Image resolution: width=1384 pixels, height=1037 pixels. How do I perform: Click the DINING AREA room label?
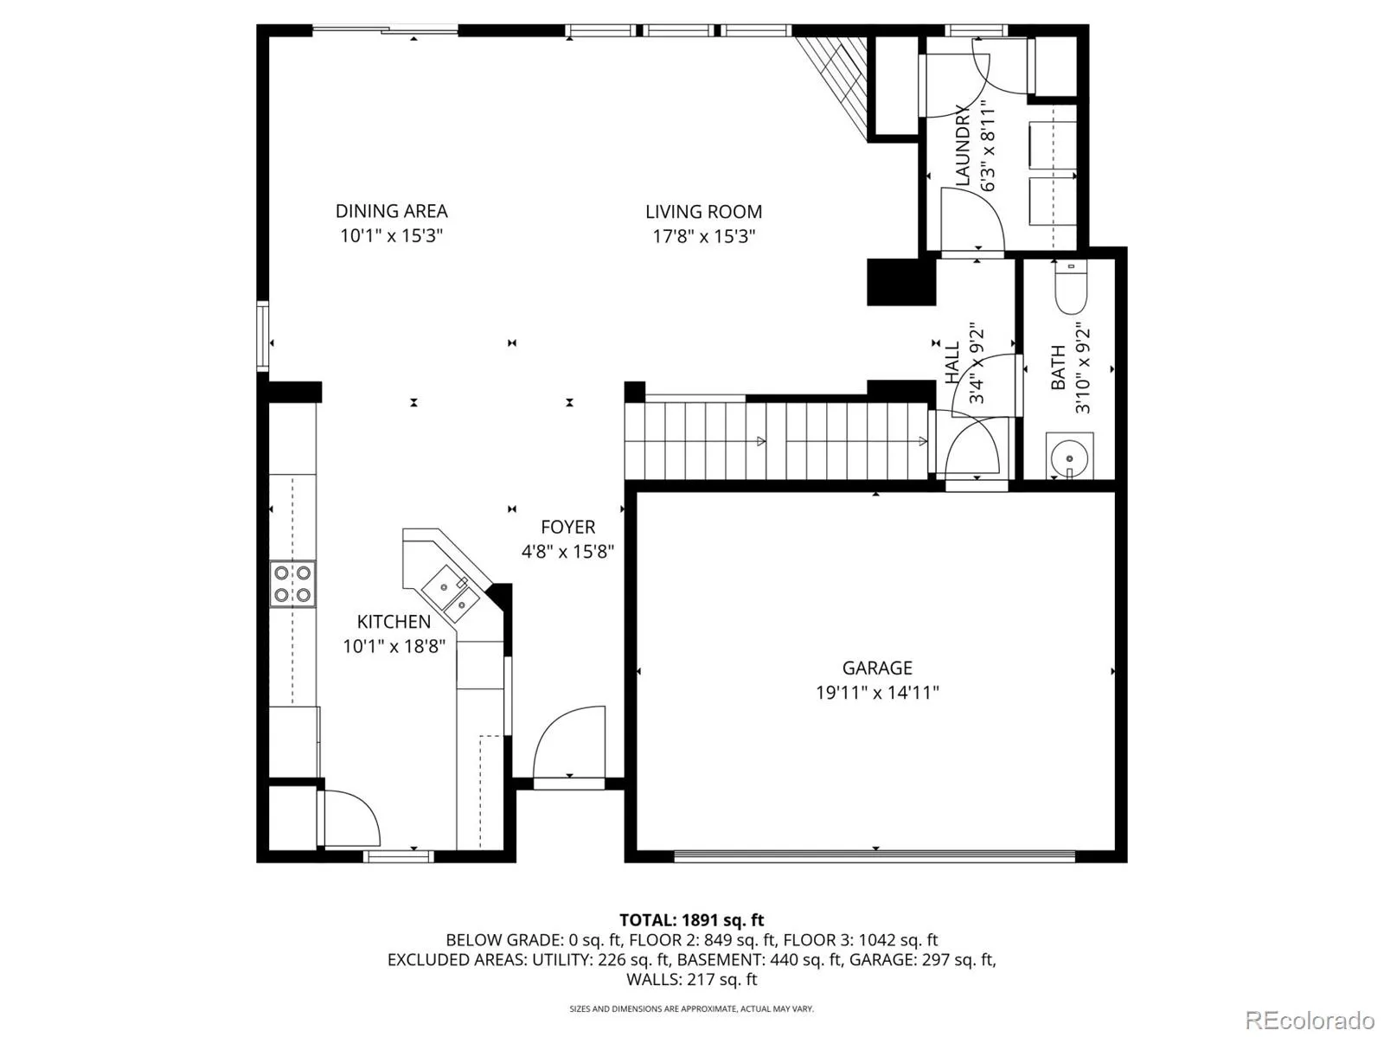coord(391,210)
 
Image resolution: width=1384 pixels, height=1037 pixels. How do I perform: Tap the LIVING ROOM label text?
coord(703,212)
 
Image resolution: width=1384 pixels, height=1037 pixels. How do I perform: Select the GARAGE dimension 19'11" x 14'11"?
coord(876,692)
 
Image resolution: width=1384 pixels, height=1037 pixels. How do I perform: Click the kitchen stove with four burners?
coord(292,584)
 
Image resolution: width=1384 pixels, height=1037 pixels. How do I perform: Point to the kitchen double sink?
coord(452,593)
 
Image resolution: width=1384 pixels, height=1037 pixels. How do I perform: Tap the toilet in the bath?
coord(1071,287)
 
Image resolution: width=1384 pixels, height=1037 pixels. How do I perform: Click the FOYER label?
coord(567,527)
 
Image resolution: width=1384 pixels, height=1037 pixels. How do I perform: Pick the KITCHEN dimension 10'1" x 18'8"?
coord(394,646)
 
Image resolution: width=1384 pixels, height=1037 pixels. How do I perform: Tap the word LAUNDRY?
coord(962,145)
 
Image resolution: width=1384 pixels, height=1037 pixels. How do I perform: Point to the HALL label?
coord(952,362)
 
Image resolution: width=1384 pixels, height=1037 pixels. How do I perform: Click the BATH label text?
coord(1058,368)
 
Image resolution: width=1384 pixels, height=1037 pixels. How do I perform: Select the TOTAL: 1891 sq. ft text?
coord(692,919)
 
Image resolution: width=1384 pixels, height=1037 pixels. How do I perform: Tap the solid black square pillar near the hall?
coord(901,283)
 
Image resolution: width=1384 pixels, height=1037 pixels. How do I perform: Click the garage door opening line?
coord(875,855)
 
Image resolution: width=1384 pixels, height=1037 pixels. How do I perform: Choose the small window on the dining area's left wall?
coord(262,336)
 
